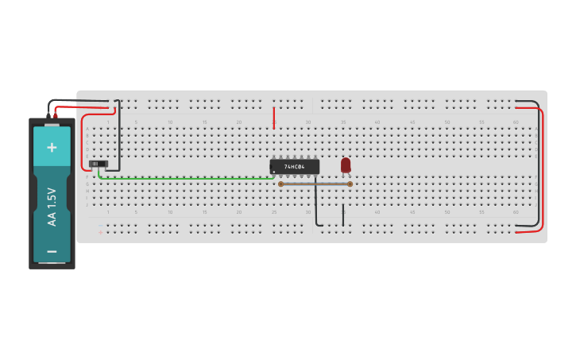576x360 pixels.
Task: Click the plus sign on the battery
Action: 52,147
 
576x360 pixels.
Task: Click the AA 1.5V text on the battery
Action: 52,207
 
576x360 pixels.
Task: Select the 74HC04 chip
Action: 295,167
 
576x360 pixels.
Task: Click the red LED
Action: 346,165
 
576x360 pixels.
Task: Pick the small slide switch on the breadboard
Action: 98,164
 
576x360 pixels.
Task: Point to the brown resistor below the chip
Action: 315,184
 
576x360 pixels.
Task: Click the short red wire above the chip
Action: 273,118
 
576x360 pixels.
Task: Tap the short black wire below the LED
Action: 343,215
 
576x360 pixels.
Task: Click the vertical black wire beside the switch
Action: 119,135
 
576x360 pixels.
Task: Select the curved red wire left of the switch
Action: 83,143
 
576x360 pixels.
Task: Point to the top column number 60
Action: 516,122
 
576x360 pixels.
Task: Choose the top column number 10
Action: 170,122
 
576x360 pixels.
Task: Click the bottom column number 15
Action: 204,212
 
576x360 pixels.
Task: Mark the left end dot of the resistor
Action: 280,184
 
